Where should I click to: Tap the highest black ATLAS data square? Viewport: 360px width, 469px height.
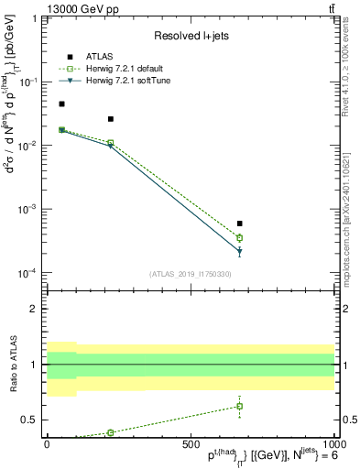(x=61, y=104)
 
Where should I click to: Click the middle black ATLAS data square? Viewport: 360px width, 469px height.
(x=111, y=119)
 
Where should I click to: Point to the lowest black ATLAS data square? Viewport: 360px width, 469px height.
(x=239, y=224)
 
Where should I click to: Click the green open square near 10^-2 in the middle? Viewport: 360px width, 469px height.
(x=111, y=143)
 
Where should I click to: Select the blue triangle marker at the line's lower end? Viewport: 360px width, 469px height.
(x=239, y=251)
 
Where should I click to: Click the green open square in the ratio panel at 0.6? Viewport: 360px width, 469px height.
(x=239, y=406)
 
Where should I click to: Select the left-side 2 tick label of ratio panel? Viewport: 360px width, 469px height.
(x=38, y=309)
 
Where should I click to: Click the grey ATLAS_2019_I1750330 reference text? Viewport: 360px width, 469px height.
(x=190, y=274)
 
